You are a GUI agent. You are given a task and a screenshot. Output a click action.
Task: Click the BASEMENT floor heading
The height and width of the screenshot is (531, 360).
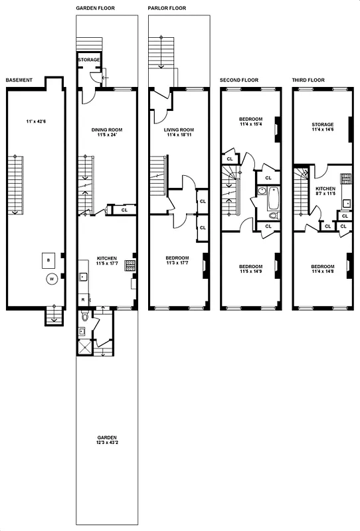coord(19,80)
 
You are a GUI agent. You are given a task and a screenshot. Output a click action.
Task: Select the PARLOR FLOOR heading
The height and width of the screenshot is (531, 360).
coord(167,8)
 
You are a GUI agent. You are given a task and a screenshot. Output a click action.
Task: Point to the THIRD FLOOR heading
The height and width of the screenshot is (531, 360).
coord(308,80)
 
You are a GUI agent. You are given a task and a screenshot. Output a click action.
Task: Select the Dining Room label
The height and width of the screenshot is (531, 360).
coord(107,130)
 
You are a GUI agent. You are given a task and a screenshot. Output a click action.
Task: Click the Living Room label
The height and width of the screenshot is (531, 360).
coord(178,130)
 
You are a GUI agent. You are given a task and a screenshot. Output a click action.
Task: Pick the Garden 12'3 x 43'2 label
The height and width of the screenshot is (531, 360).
coord(106,441)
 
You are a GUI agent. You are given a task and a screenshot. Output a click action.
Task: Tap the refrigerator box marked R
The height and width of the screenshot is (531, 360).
coord(82,300)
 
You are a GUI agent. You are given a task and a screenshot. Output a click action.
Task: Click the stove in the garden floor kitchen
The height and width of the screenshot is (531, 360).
coord(130,265)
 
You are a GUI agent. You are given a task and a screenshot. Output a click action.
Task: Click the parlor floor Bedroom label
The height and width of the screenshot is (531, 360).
coord(177,260)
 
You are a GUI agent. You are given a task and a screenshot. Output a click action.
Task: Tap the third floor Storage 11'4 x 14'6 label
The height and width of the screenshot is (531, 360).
coord(322,127)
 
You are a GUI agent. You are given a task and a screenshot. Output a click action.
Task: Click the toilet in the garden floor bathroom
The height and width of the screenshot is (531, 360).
coord(83,326)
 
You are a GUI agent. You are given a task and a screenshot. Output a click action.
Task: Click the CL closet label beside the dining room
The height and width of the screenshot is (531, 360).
coord(124,210)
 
